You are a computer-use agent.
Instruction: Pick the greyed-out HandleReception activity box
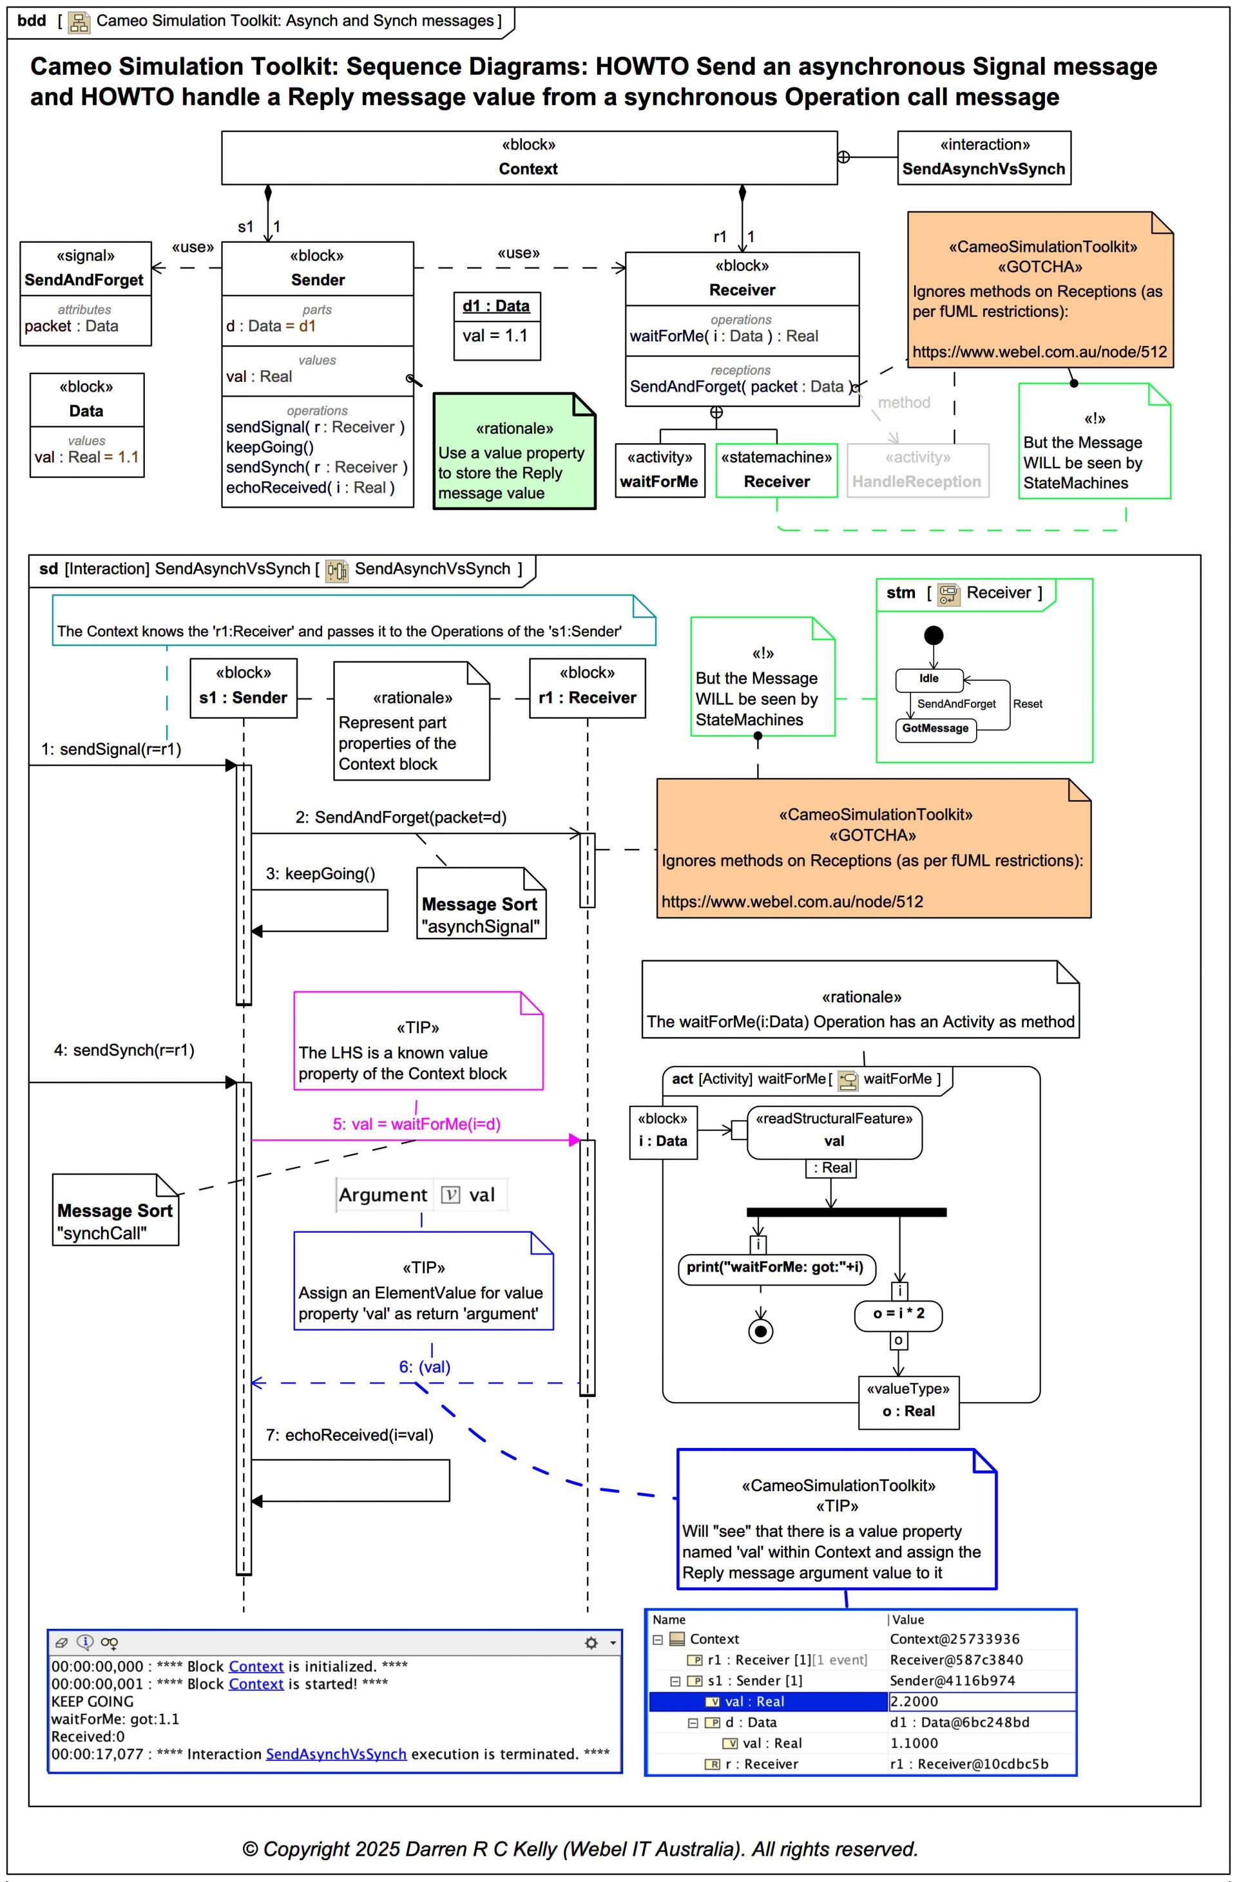point(917,470)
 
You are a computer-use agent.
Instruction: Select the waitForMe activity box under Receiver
point(659,470)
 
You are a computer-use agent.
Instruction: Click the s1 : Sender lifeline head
point(244,687)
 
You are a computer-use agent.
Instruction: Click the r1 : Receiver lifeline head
point(587,687)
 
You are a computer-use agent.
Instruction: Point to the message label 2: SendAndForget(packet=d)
point(401,817)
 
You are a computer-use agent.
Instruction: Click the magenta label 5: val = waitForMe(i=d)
point(416,1124)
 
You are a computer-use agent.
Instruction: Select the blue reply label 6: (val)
point(425,1367)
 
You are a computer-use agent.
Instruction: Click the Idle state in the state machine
point(928,678)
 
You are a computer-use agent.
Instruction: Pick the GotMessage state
point(935,728)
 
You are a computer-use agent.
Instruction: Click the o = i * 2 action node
point(899,1313)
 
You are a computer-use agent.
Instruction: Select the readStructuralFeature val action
point(834,1132)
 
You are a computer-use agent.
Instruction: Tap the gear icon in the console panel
point(591,1642)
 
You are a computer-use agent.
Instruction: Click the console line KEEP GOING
point(93,1701)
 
